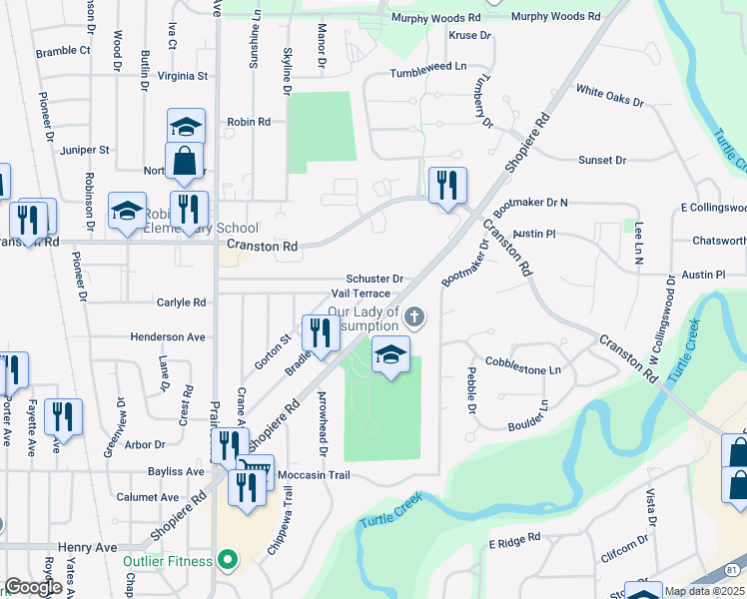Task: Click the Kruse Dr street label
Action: point(471,35)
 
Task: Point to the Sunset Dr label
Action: point(602,160)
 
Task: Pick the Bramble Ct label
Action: point(63,51)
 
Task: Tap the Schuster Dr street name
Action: point(374,279)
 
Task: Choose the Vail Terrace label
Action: point(361,295)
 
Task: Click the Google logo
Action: point(34,587)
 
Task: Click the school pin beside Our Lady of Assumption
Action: point(390,353)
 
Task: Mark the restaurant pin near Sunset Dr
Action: point(446,184)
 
